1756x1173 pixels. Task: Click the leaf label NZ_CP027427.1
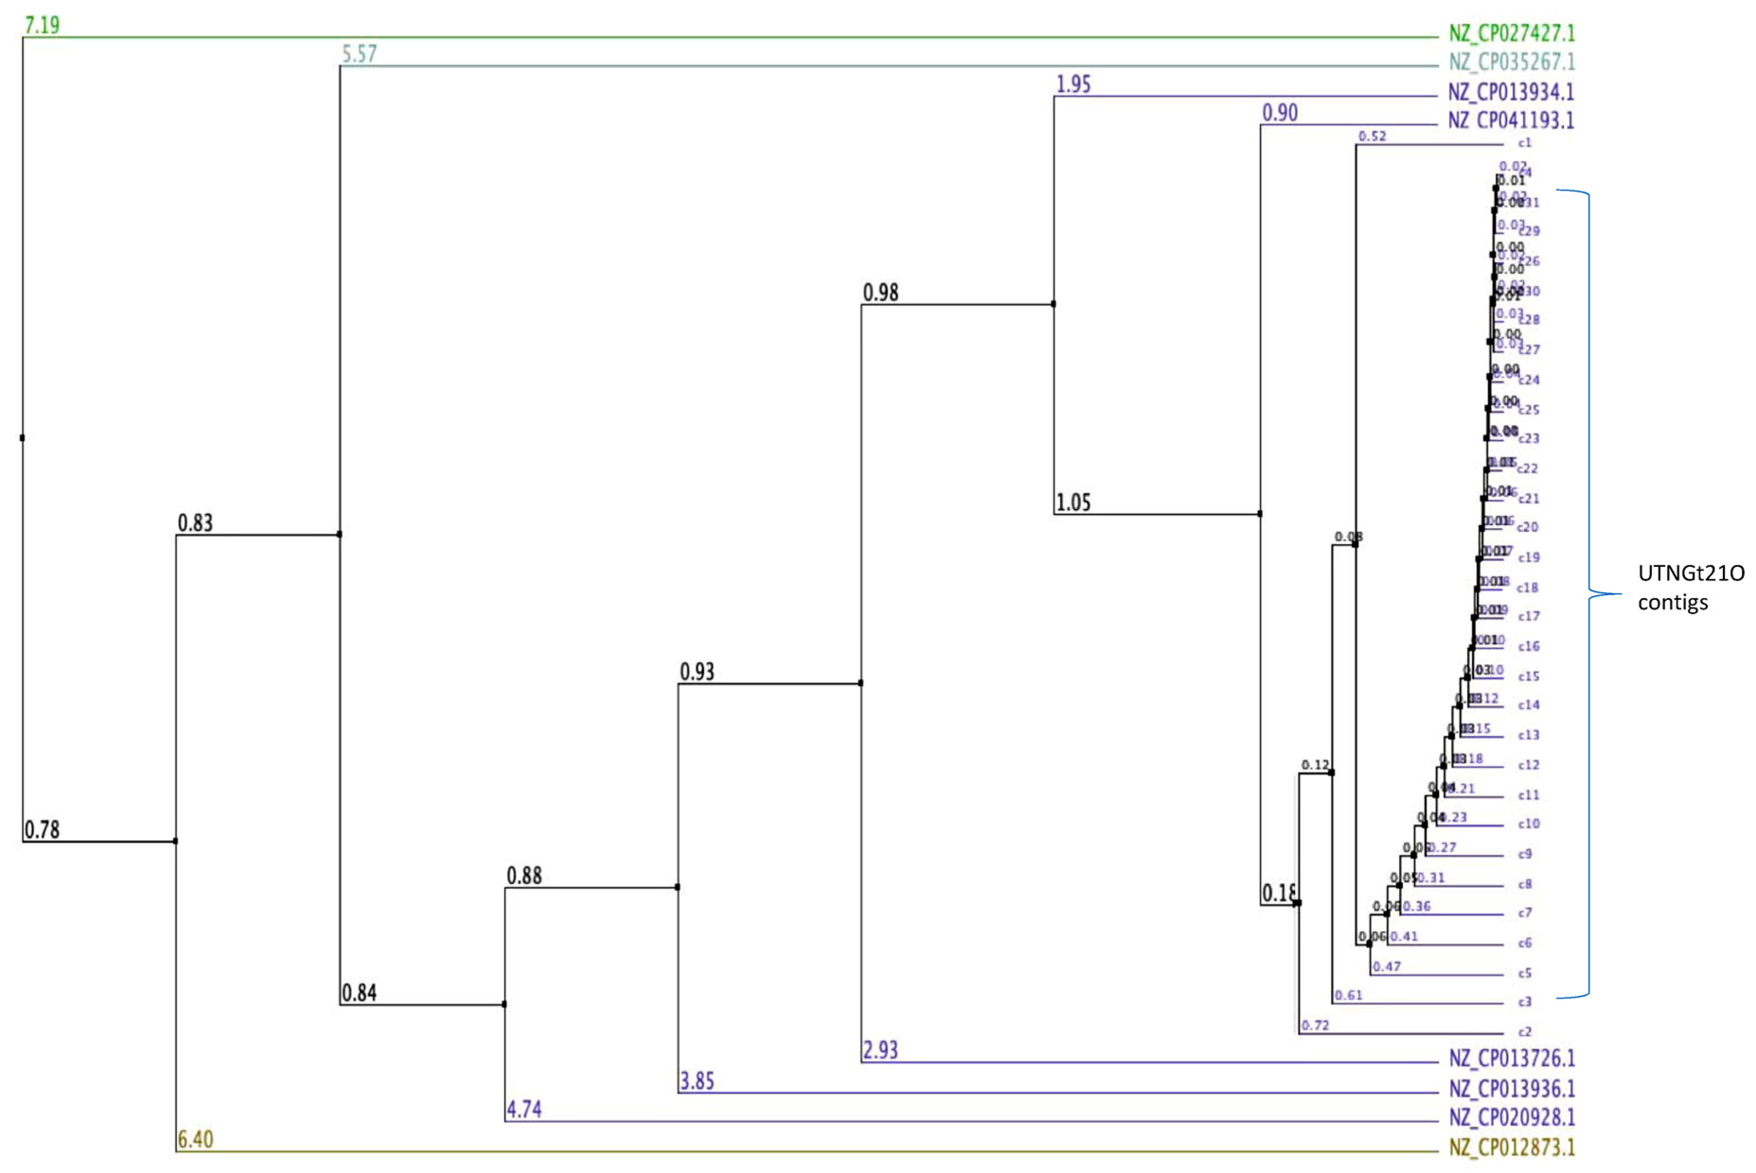point(1511,34)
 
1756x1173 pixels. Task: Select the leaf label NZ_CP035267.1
point(1511,62)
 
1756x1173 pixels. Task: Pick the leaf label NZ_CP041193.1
point(1511,121)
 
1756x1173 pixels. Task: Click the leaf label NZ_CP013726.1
point(1511,1058)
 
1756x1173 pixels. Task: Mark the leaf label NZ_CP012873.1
point(1511,1147)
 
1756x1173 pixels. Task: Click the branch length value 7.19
point(42,26)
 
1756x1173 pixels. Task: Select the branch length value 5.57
point(359,54)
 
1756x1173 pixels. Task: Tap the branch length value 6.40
point(195,1139)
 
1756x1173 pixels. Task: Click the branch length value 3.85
point(697,1081)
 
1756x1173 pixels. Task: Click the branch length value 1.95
point(1073,85)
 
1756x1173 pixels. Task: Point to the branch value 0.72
point(1315,1025)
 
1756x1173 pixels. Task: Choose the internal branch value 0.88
point(524,875)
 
